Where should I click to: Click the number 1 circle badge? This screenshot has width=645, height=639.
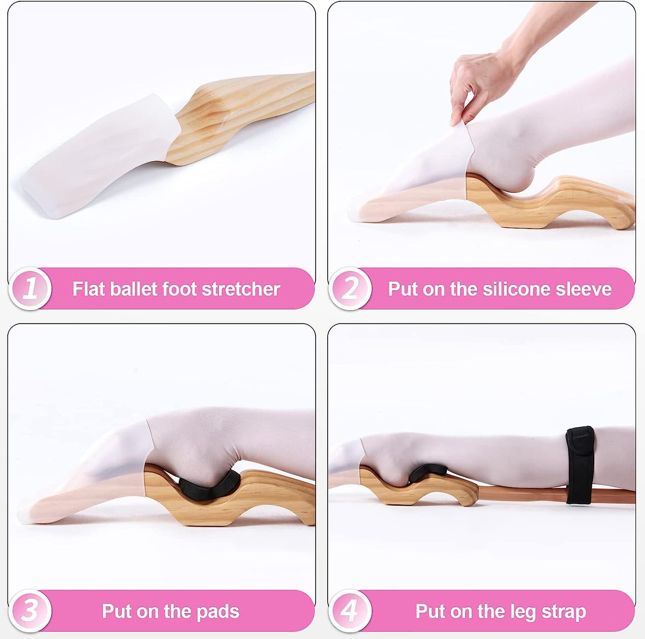tap(30, 288)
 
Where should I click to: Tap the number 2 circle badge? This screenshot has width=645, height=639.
tap(350, 288)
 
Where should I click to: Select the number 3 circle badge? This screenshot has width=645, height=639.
tap(30, 610)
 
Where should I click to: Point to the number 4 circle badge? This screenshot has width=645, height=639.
tap(350, 610)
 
